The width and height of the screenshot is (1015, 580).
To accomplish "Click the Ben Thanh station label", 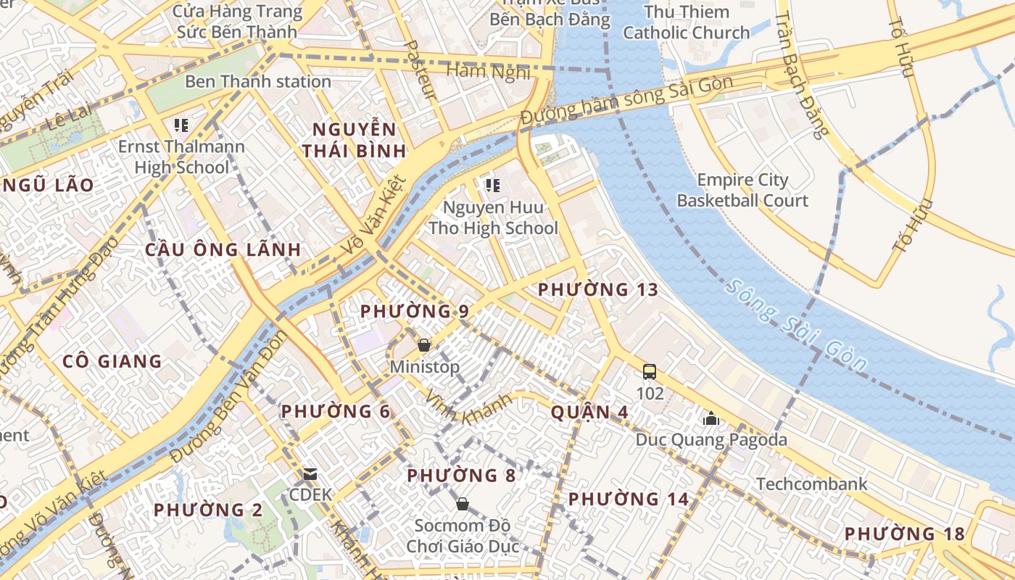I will (x=257, y=81).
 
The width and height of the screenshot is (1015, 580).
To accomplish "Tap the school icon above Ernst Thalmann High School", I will (x=181, y=125).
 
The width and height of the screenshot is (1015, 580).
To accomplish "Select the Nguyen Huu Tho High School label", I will (x=493, y=218).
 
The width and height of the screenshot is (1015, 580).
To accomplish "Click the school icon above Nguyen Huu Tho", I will (x=493, y=186).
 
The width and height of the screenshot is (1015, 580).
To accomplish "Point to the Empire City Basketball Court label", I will (x=742, y=191).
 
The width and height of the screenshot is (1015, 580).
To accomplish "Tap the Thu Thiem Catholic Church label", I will (x=686, y=22).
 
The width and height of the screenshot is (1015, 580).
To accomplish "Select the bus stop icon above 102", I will (x=650, y=372).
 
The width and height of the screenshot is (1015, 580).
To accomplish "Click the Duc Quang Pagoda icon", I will (x=710, y=418).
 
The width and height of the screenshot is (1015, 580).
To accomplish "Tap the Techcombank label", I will (x=811, y=484).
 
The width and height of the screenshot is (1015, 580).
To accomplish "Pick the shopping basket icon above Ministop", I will (x=424, y=345).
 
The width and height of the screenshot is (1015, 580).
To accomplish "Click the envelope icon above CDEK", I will (x=310, y=474).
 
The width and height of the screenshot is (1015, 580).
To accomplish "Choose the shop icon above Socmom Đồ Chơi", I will (x=462, y=503).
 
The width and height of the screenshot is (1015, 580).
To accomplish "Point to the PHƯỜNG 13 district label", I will (x=597, y=290).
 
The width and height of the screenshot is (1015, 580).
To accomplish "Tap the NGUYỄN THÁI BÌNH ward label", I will (x=355, y=141).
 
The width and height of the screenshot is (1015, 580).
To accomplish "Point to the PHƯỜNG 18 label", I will (x=904, y=534).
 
